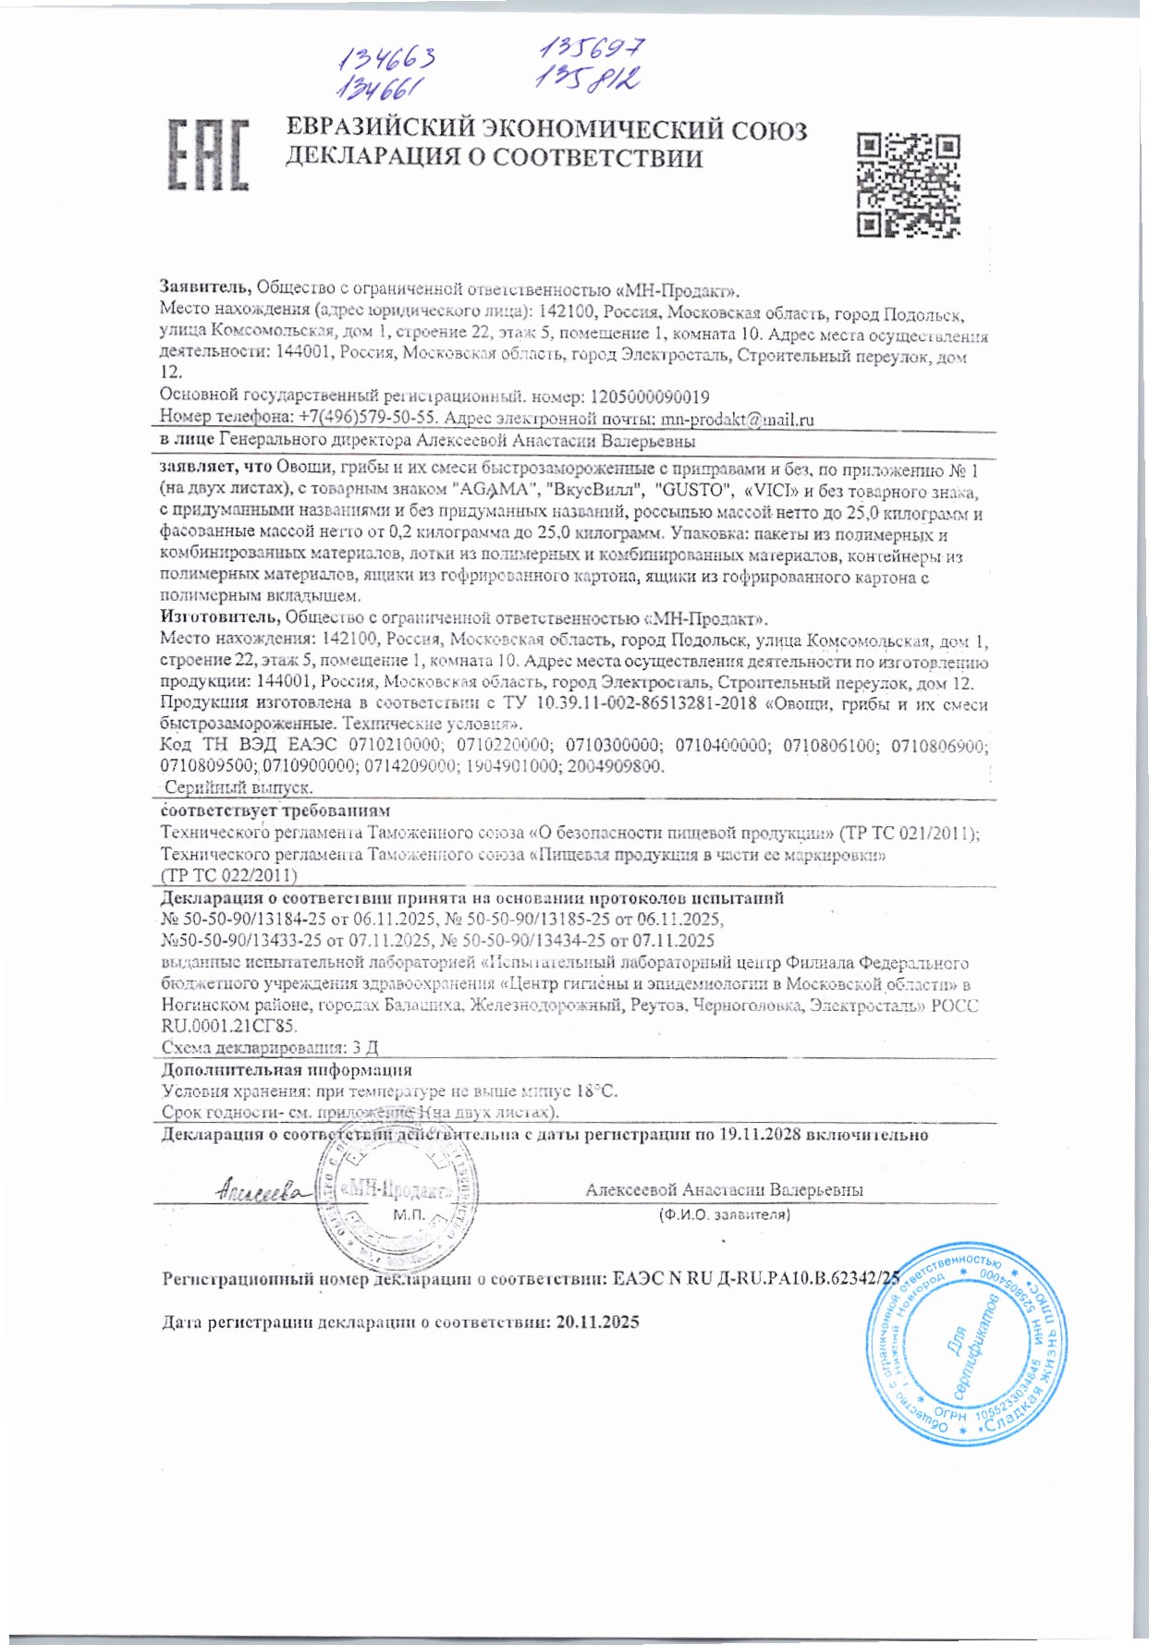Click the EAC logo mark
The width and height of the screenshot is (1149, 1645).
pos(208,154)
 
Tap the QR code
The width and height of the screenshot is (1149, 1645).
pos(908,184)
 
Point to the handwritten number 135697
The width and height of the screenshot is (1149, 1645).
pos(591,48)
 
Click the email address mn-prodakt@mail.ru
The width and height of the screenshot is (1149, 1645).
pos(737,420)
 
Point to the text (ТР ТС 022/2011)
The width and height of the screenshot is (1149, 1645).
pos(228,874)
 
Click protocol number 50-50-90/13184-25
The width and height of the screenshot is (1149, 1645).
pos(247,920)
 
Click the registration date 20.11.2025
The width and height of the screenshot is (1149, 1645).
pos(598,1322)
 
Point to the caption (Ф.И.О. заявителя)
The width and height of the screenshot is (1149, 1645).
pos(724,1215)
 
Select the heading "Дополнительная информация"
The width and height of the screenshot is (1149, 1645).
pos(287,1070)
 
